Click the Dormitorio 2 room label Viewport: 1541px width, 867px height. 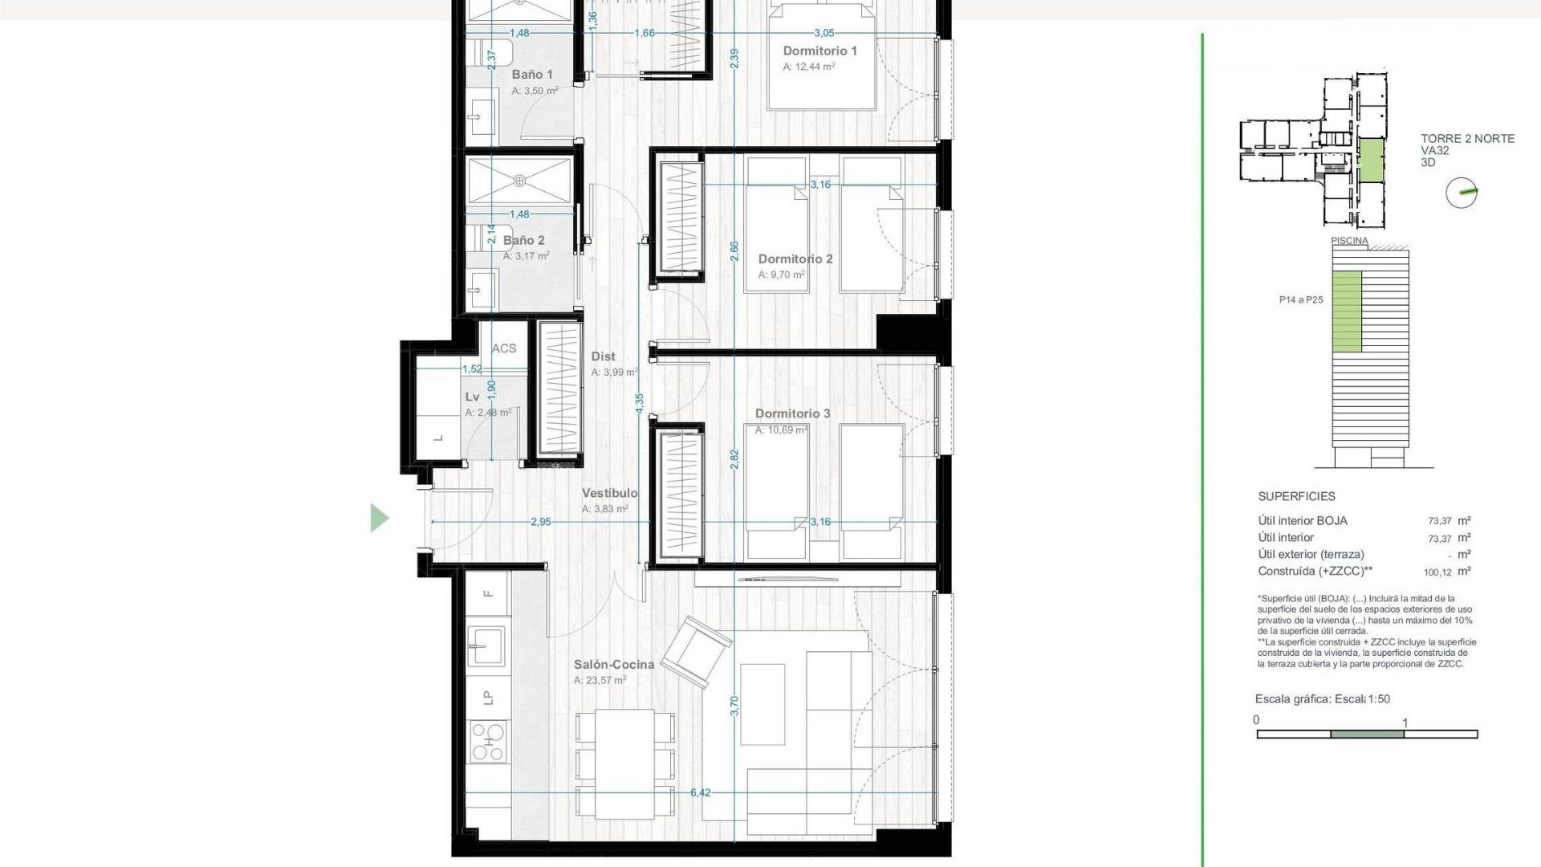[x=795, y=258]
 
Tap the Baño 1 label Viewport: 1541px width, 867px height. [x=532, y=75]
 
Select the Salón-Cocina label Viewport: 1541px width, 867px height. [x=614, y=665]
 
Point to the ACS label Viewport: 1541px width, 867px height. [x=504, y=348]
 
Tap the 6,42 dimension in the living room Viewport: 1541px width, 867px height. [x=700, y=792]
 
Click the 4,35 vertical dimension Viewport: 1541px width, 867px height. [x=639, y=403]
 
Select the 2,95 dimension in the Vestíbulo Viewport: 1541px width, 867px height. [x=541, y=522]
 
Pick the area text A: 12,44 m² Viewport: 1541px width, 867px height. [x=808, y=67]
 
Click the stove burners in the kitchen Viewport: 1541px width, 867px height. [x=488, y=741]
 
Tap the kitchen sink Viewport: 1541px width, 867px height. [x=486, y=645]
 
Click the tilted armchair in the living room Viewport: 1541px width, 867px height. [x=695, y=651]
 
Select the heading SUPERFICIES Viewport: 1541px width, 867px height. [x=1296, y=496]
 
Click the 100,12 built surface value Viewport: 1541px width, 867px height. [x=1437, y=572]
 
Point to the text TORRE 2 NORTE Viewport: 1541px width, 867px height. [x=1467, y=138]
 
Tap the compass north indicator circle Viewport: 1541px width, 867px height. [x=1461, y=193]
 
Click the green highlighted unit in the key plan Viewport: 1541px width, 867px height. [x=1371, y=160]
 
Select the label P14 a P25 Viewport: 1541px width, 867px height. [x=1301, y=300]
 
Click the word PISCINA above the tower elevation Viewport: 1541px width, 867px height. [x=1349, y=241]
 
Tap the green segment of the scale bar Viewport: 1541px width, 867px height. [x=1367, y=734]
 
